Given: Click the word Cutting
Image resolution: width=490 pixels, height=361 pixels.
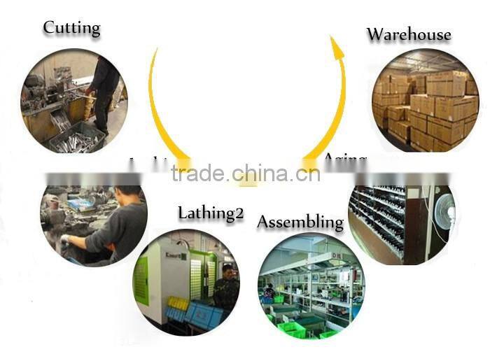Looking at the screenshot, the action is coord(71,28).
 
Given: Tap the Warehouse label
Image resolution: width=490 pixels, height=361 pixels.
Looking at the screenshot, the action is coord(409,34).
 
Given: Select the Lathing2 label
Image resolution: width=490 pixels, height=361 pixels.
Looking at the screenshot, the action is coord(210,213).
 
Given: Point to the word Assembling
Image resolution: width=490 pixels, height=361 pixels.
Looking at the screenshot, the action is coord(300,222).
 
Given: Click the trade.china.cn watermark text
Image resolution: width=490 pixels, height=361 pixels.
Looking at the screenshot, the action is coord(245,173).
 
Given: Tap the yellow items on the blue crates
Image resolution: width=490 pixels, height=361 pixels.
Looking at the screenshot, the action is coord(178,302).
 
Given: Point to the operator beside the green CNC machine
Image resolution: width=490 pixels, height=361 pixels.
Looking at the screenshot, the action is coord(226,287).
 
